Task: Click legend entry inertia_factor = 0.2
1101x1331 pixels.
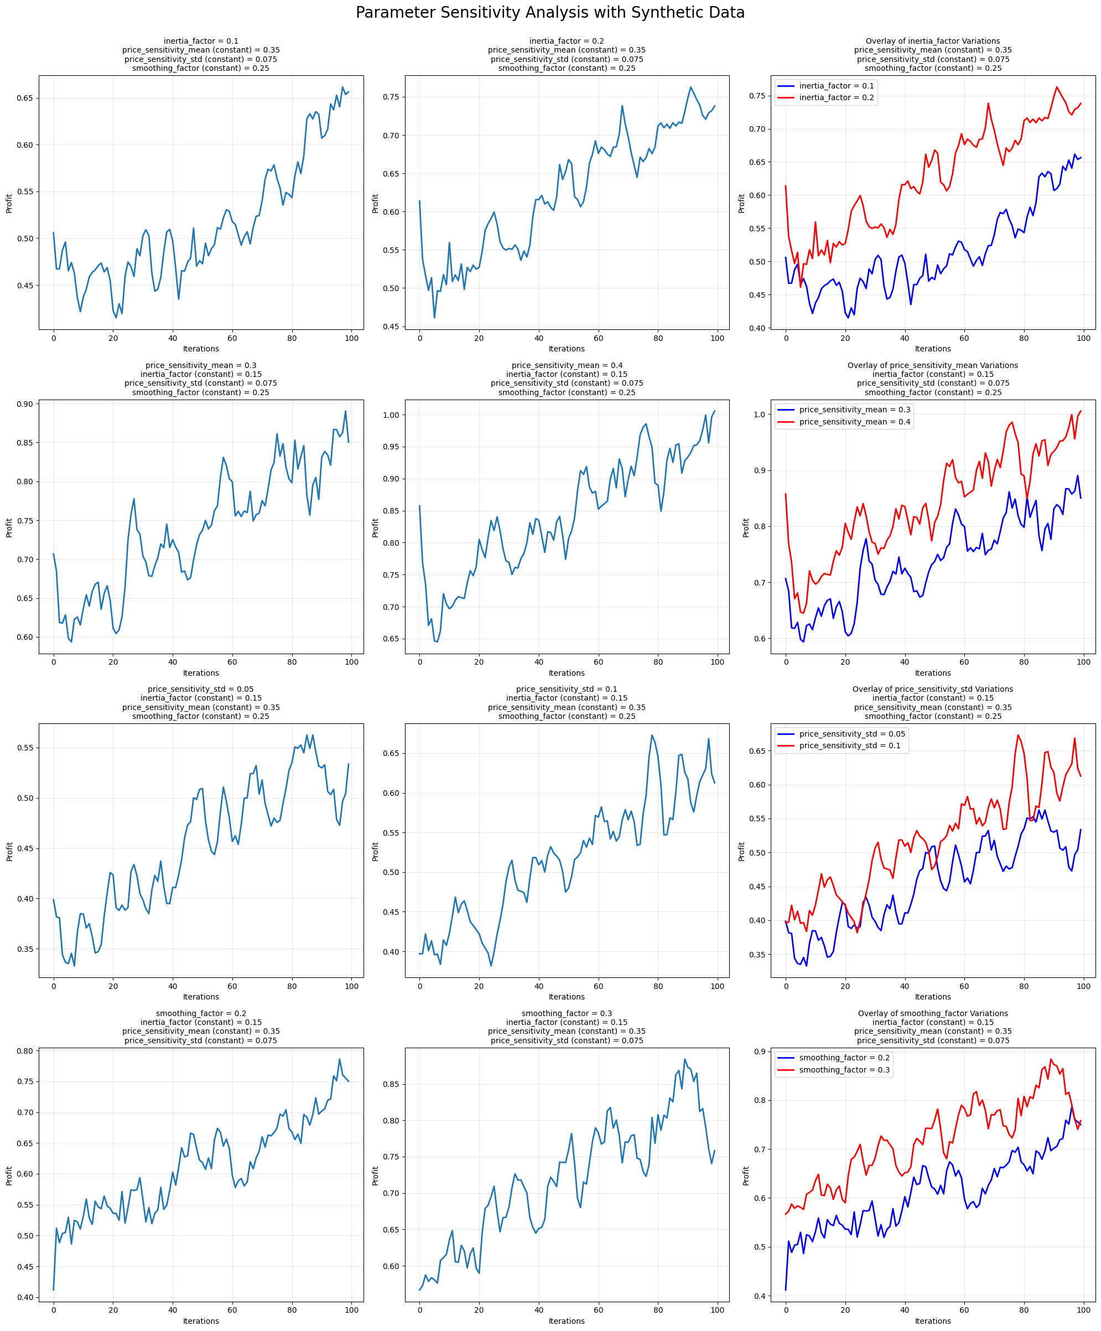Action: (x=836, y=97)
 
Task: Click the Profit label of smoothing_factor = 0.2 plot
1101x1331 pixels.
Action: (x=9, y=1175)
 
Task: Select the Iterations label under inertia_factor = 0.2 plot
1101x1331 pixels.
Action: (x=567, y=349)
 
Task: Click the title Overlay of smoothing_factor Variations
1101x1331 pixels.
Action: (x=933, y=1013)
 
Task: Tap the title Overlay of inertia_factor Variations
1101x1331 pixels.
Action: (x=933, y=41)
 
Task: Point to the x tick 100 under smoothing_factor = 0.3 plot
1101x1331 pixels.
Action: (x=718, y=1310)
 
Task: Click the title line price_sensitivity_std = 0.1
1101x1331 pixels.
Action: (x=567, y=689)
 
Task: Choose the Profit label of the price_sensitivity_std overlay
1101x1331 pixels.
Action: (x=742, y=851)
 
